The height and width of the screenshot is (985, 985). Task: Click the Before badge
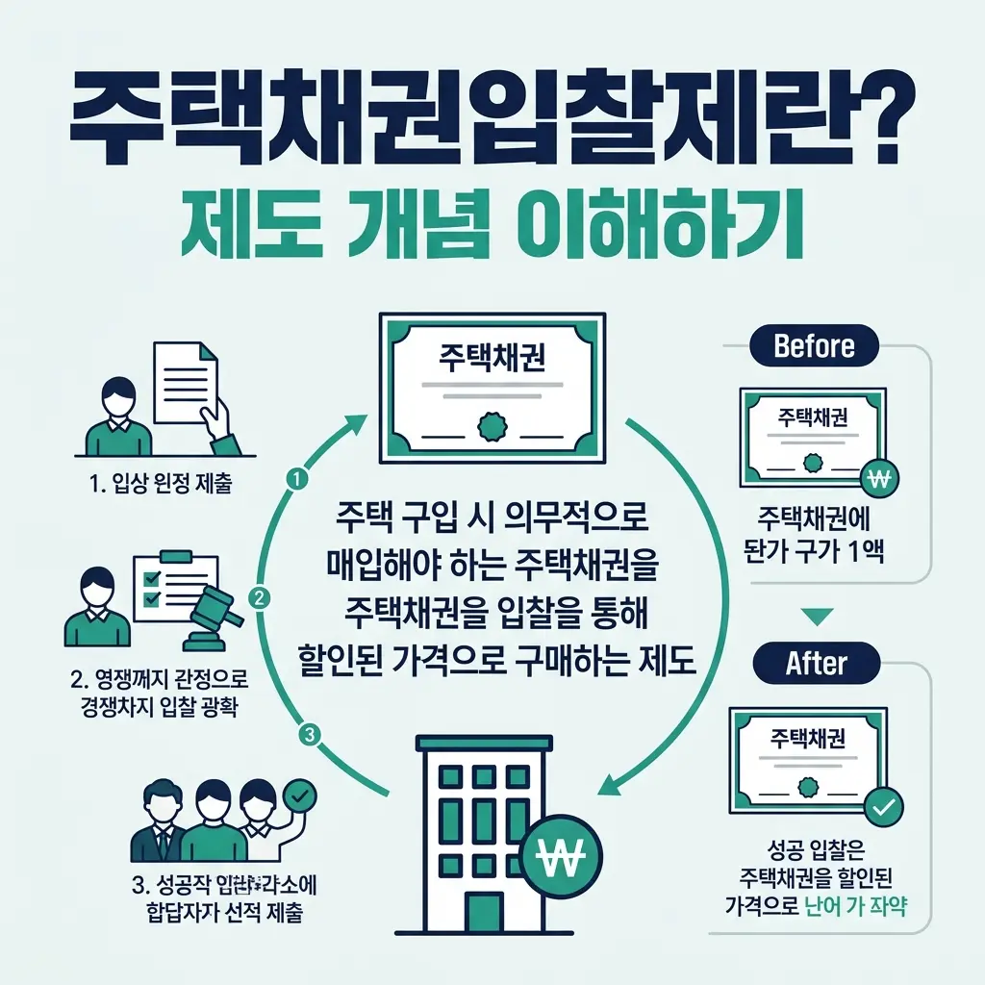point(813,346)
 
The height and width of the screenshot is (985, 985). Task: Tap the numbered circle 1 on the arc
point(297,477)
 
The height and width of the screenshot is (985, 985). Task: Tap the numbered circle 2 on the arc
point(259,597)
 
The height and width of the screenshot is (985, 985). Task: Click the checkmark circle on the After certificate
point(881,808)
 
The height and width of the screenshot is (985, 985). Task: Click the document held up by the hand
point(186,386)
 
